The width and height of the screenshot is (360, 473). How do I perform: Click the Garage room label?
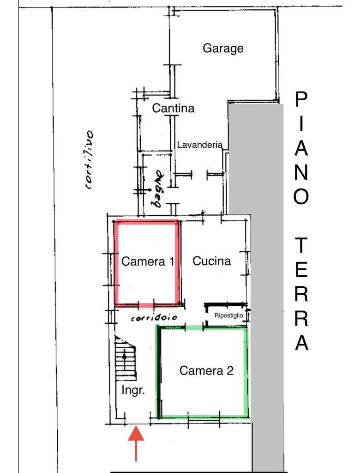[223, 48]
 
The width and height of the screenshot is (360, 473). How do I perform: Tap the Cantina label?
[173, 108]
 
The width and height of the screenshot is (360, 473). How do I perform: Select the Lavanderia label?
[199, 145]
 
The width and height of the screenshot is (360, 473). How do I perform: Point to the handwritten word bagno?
[157, 189]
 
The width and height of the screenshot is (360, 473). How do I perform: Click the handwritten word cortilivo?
[90, 160]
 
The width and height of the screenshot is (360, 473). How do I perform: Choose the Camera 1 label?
[148, 261]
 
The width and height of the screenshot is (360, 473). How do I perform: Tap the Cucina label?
[212, 261]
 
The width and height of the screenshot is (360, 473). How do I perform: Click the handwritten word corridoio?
[154, 317]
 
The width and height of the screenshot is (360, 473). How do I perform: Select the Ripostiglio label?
[228, 315]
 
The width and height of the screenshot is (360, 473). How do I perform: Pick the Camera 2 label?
[206, 370]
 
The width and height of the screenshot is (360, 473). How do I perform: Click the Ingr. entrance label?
[133, 390]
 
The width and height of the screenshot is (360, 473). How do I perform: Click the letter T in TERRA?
[301, 245]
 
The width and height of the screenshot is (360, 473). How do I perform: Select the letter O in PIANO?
[301, 196]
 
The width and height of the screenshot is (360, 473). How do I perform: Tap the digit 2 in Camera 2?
[230, 370]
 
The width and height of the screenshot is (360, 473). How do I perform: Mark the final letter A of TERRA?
[301, 343]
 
